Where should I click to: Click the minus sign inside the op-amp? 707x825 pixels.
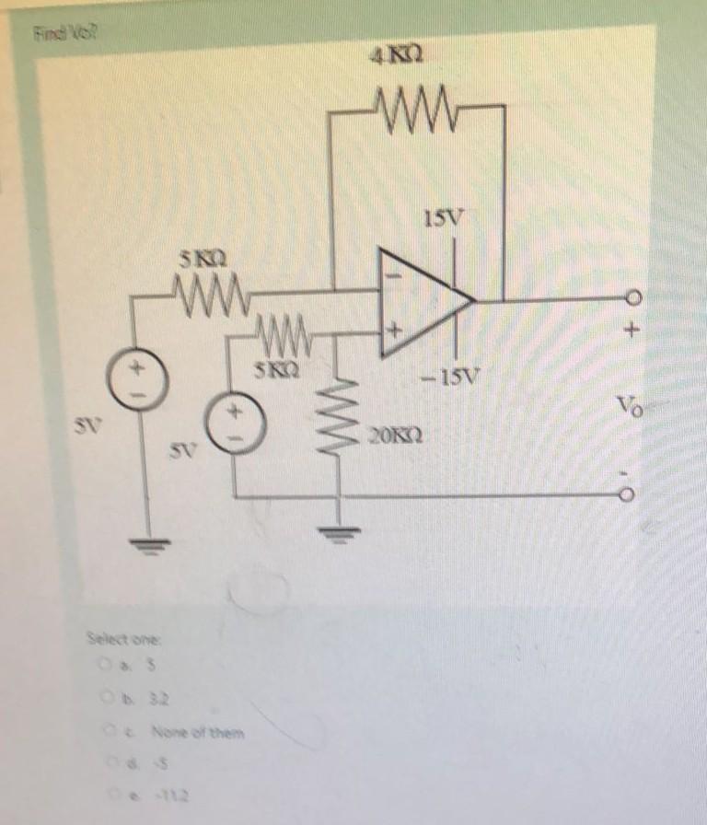click(x=397, y=273)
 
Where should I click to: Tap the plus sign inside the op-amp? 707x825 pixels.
click(x=397, y=328)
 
